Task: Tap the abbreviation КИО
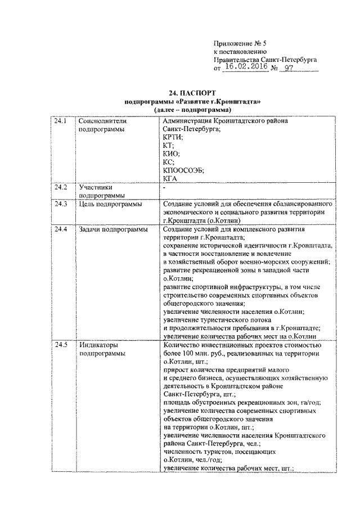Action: coord(170,153)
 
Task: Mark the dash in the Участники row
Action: coord(163,186)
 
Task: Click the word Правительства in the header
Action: coord(236,58)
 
